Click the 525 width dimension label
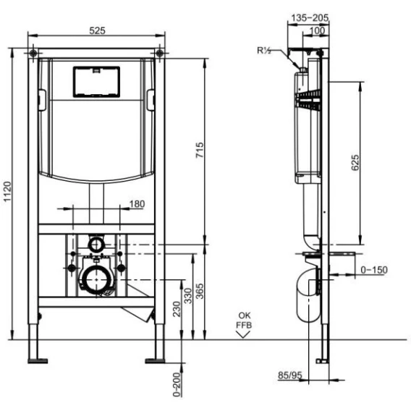pos(97,30)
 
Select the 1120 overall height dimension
pos(7,192)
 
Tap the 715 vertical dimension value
pos(200,150)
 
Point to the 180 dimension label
pos(137,203)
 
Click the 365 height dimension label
pos(200,291)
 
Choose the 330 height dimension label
pos(188,296)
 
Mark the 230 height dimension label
pos(177,309)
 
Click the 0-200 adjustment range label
pos(177,384)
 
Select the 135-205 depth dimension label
pos(310,18)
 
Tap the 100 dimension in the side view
pos(317,30)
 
